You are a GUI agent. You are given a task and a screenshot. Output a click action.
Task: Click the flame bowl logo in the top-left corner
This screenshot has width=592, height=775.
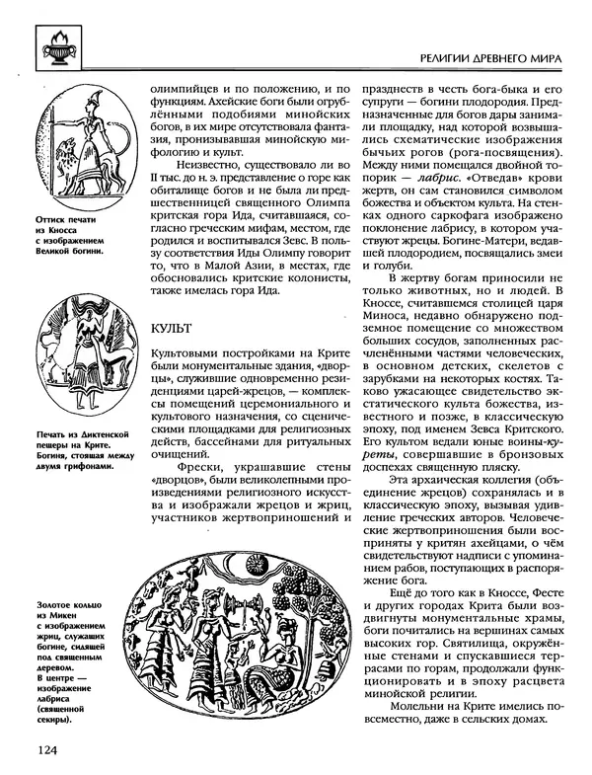[56, 46]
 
